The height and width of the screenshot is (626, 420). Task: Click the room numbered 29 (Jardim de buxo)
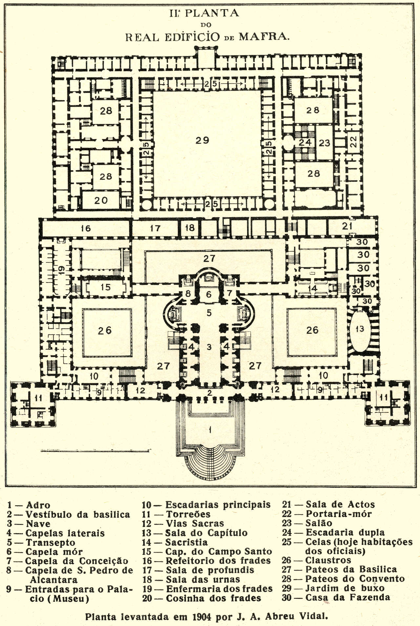coord(202,140)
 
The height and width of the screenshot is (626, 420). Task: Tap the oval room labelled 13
coord(360,329)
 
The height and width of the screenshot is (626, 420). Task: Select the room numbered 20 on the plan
coord(101,200)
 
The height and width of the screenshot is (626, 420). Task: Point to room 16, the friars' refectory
coord(85,228)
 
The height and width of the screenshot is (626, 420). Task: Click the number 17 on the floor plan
coord(155,228)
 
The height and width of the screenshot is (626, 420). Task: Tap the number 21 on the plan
coord(347,226)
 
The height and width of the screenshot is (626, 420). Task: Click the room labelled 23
coord(324,143)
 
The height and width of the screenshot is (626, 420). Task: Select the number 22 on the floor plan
coord(353,142)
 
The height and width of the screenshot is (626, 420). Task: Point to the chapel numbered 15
coord(105,287)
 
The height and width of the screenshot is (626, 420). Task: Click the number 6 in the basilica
coord(209,295)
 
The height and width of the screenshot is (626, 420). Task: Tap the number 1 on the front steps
coord(210,430)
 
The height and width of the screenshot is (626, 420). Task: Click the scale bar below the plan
coord(95,451)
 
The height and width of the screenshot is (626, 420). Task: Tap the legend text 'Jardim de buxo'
coord(345,588)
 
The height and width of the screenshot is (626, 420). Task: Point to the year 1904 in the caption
coord(202,617)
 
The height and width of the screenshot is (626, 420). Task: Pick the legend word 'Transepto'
coord(50,543)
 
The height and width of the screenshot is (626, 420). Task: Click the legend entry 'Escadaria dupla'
coord(345,532)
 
